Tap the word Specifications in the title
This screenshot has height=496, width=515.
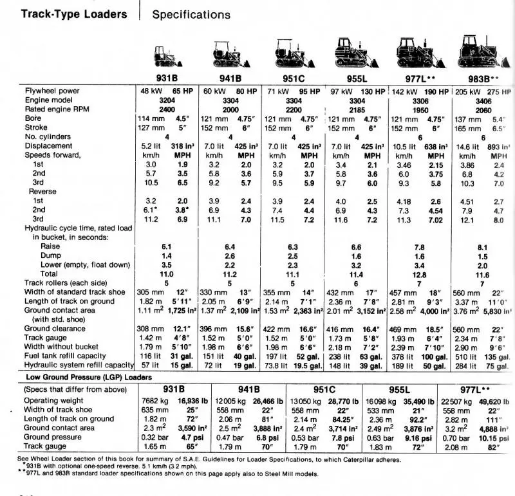(x=191, y=14)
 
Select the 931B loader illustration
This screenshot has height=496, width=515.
(x=167, y=57)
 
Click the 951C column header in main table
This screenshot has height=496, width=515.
(x=294, y=78)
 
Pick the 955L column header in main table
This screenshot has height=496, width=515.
(x=357, y=78)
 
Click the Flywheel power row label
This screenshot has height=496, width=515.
(x=52, y=91)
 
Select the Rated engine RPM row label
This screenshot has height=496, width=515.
(x=57, y=109)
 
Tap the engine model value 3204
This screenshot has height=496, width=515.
(x=167, y=100)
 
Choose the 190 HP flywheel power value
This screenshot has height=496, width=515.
(x=435, y=91)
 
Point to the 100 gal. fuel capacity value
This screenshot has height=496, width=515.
(x=435, y=356)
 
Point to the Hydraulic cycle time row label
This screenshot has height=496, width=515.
(x=79, y=228)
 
